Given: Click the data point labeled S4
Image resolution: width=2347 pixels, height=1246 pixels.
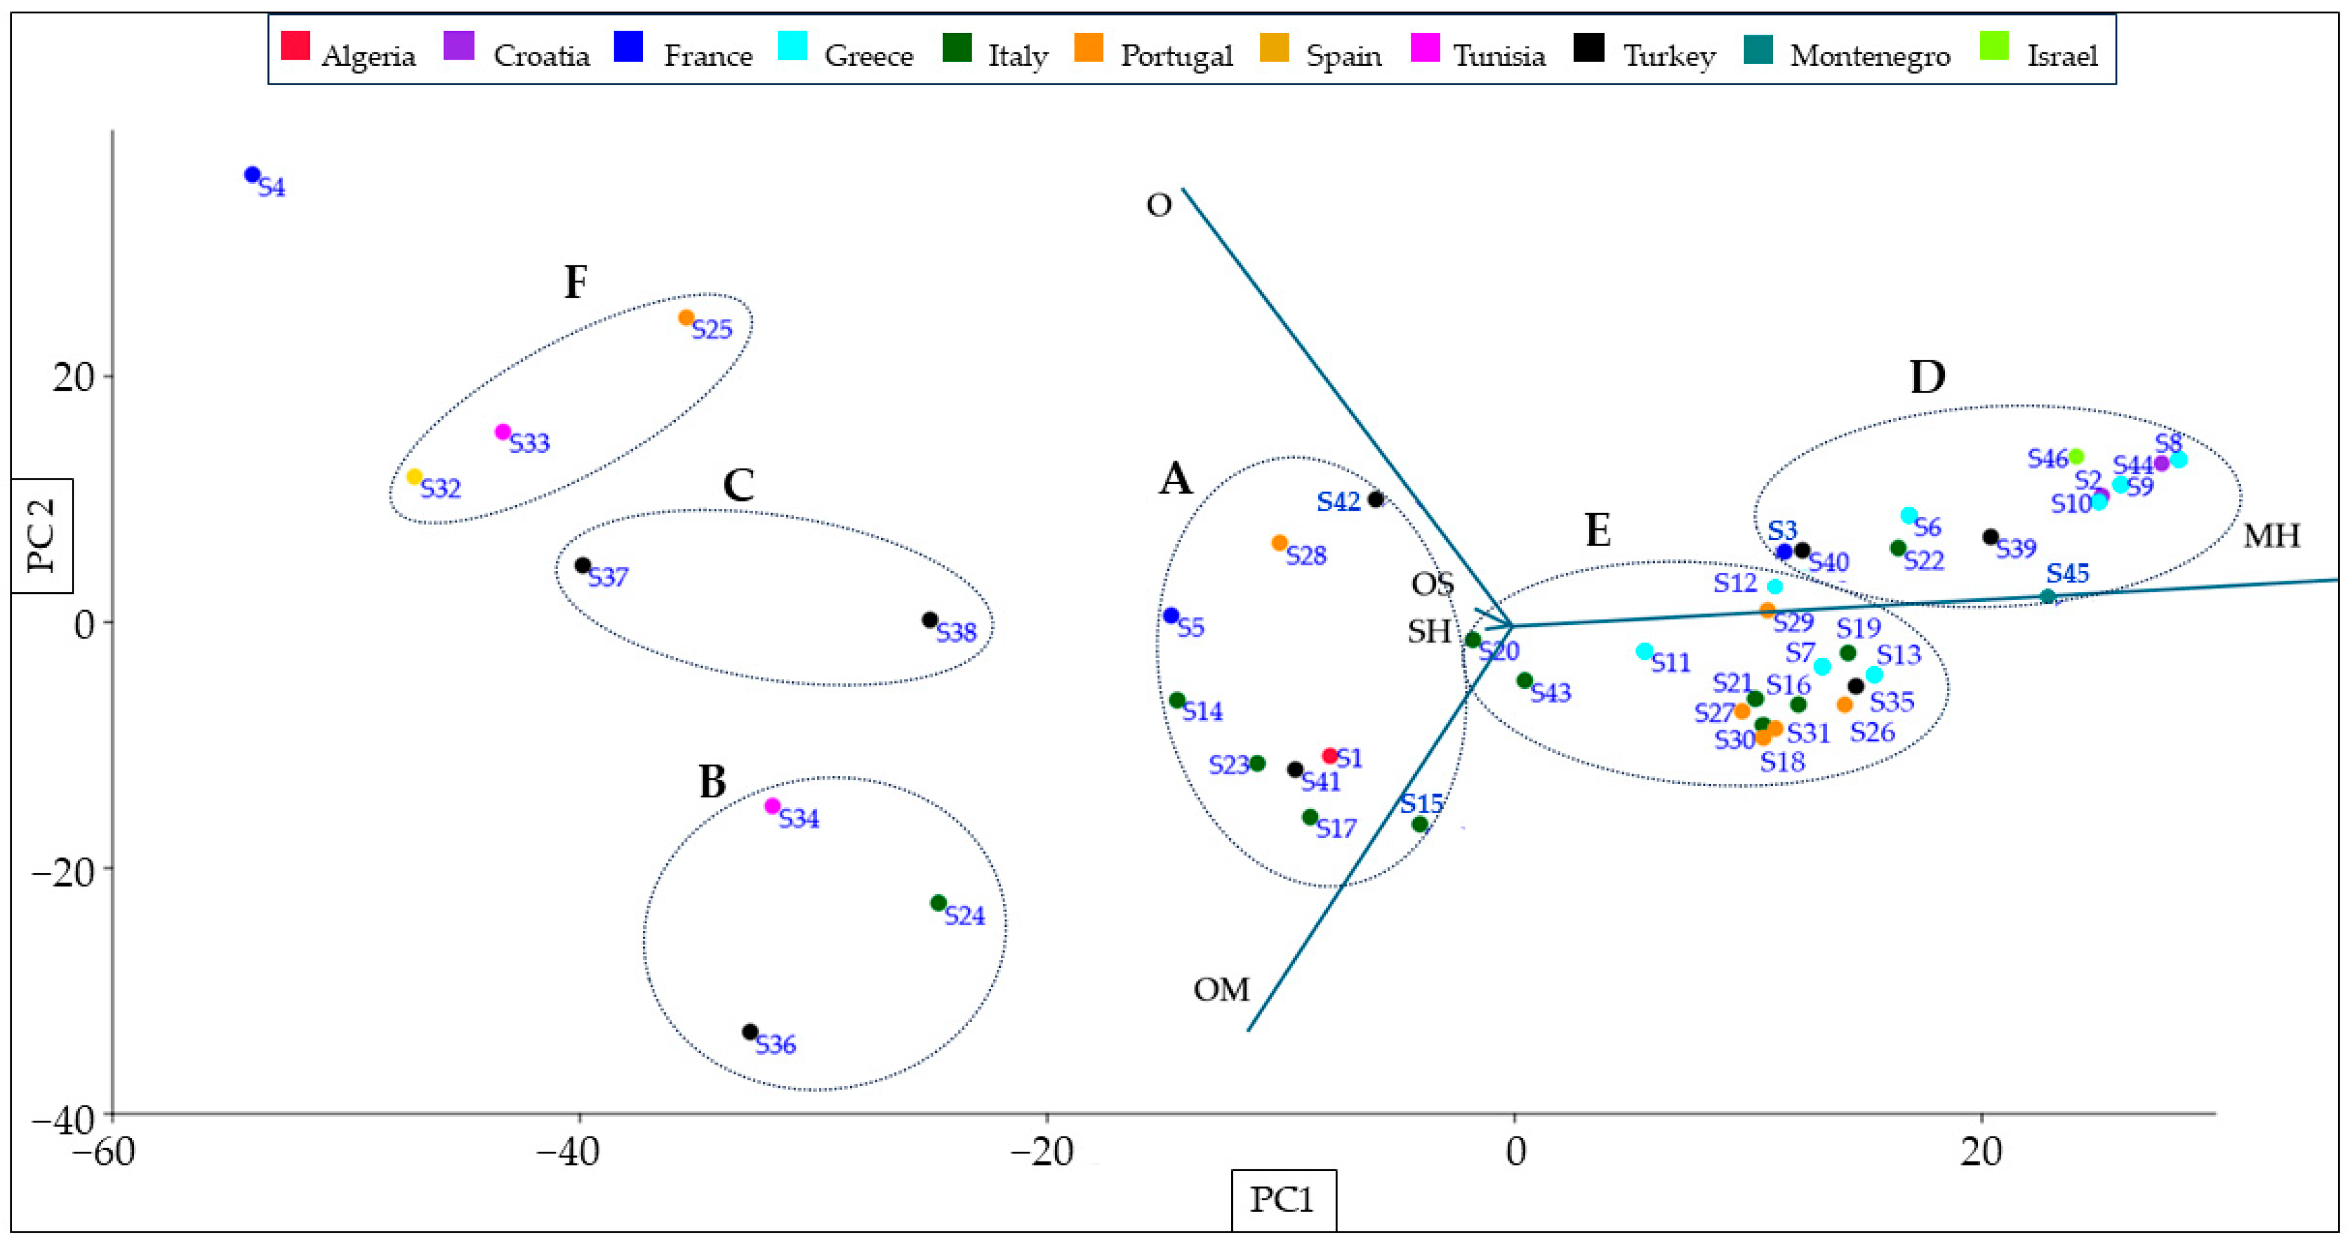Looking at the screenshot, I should point(253,175).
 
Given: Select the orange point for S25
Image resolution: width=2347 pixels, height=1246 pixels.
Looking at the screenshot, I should point(686,318).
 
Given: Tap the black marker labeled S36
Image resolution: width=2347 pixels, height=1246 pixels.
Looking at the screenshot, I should point(750,1032).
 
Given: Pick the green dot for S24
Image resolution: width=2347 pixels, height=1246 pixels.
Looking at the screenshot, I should point(938,903).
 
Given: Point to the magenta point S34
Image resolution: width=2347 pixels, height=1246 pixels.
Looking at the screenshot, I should point(773,806).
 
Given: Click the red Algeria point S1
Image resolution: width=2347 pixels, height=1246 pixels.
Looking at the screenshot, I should point(1329,755).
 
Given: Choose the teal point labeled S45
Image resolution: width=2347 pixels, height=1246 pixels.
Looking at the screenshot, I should point(2048,597).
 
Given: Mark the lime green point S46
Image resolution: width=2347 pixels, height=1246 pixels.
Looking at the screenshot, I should point(2077,457).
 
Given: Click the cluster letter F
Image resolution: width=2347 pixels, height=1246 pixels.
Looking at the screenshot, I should point(576,282).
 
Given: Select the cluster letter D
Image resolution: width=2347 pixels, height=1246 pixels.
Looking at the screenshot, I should point(1927,377).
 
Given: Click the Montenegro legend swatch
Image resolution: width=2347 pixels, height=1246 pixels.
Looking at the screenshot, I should point(1758,48).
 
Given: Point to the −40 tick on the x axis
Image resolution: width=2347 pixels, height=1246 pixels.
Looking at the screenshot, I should point(580,1153).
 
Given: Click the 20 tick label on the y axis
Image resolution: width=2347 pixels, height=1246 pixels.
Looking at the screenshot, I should point(73,377).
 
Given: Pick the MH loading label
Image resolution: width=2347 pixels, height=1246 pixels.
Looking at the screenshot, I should point(2272,536).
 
